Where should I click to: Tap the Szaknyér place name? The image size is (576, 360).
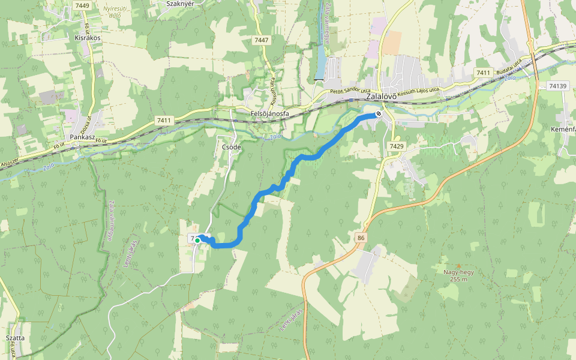click(179, 3)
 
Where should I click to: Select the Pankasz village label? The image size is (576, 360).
click(83, 137)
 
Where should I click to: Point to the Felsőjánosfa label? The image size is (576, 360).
click(269, 113)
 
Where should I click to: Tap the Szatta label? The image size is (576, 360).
click(15, 338)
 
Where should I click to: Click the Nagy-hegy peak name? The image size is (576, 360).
click(459, 272)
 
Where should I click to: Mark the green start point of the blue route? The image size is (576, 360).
click(197, 240)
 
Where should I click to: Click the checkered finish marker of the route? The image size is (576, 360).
click(379, 113)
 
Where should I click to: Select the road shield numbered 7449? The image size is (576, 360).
click(82, 5)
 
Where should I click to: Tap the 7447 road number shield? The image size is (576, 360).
click(262, 40)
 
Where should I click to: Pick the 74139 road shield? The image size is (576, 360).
click(557, 86)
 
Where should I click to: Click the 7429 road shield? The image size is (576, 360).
click(397, 146)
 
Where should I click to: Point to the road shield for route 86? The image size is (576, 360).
click(360, 238)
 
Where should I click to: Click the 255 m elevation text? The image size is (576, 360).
click(459, 280)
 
